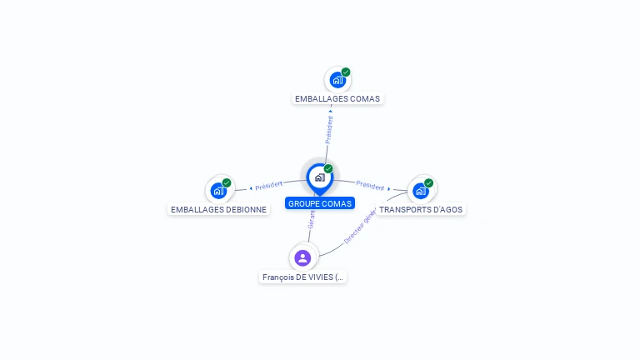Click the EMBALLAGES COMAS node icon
click(337, 80)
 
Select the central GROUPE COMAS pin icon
click(319, 177)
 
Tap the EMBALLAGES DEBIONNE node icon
click(218, 190)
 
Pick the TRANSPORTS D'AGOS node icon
click(421, 190)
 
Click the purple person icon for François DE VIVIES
click(302, 257)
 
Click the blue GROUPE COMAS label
click(320, 203)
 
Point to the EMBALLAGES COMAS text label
click(337, 98)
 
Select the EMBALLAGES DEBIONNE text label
click(218, 209)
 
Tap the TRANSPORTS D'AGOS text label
click(421, 209)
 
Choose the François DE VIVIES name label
click(302, 277)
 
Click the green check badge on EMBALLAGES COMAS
click(346, 72)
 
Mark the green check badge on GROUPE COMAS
click(328, 169)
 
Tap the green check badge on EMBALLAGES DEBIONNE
click(227, 182)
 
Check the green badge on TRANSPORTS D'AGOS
click(428, 182)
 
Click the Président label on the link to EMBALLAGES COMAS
click(329, 130)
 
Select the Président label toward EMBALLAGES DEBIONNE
click(269, 185)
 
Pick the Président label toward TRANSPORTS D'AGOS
click(371, 186)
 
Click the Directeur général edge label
click(360, 227)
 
